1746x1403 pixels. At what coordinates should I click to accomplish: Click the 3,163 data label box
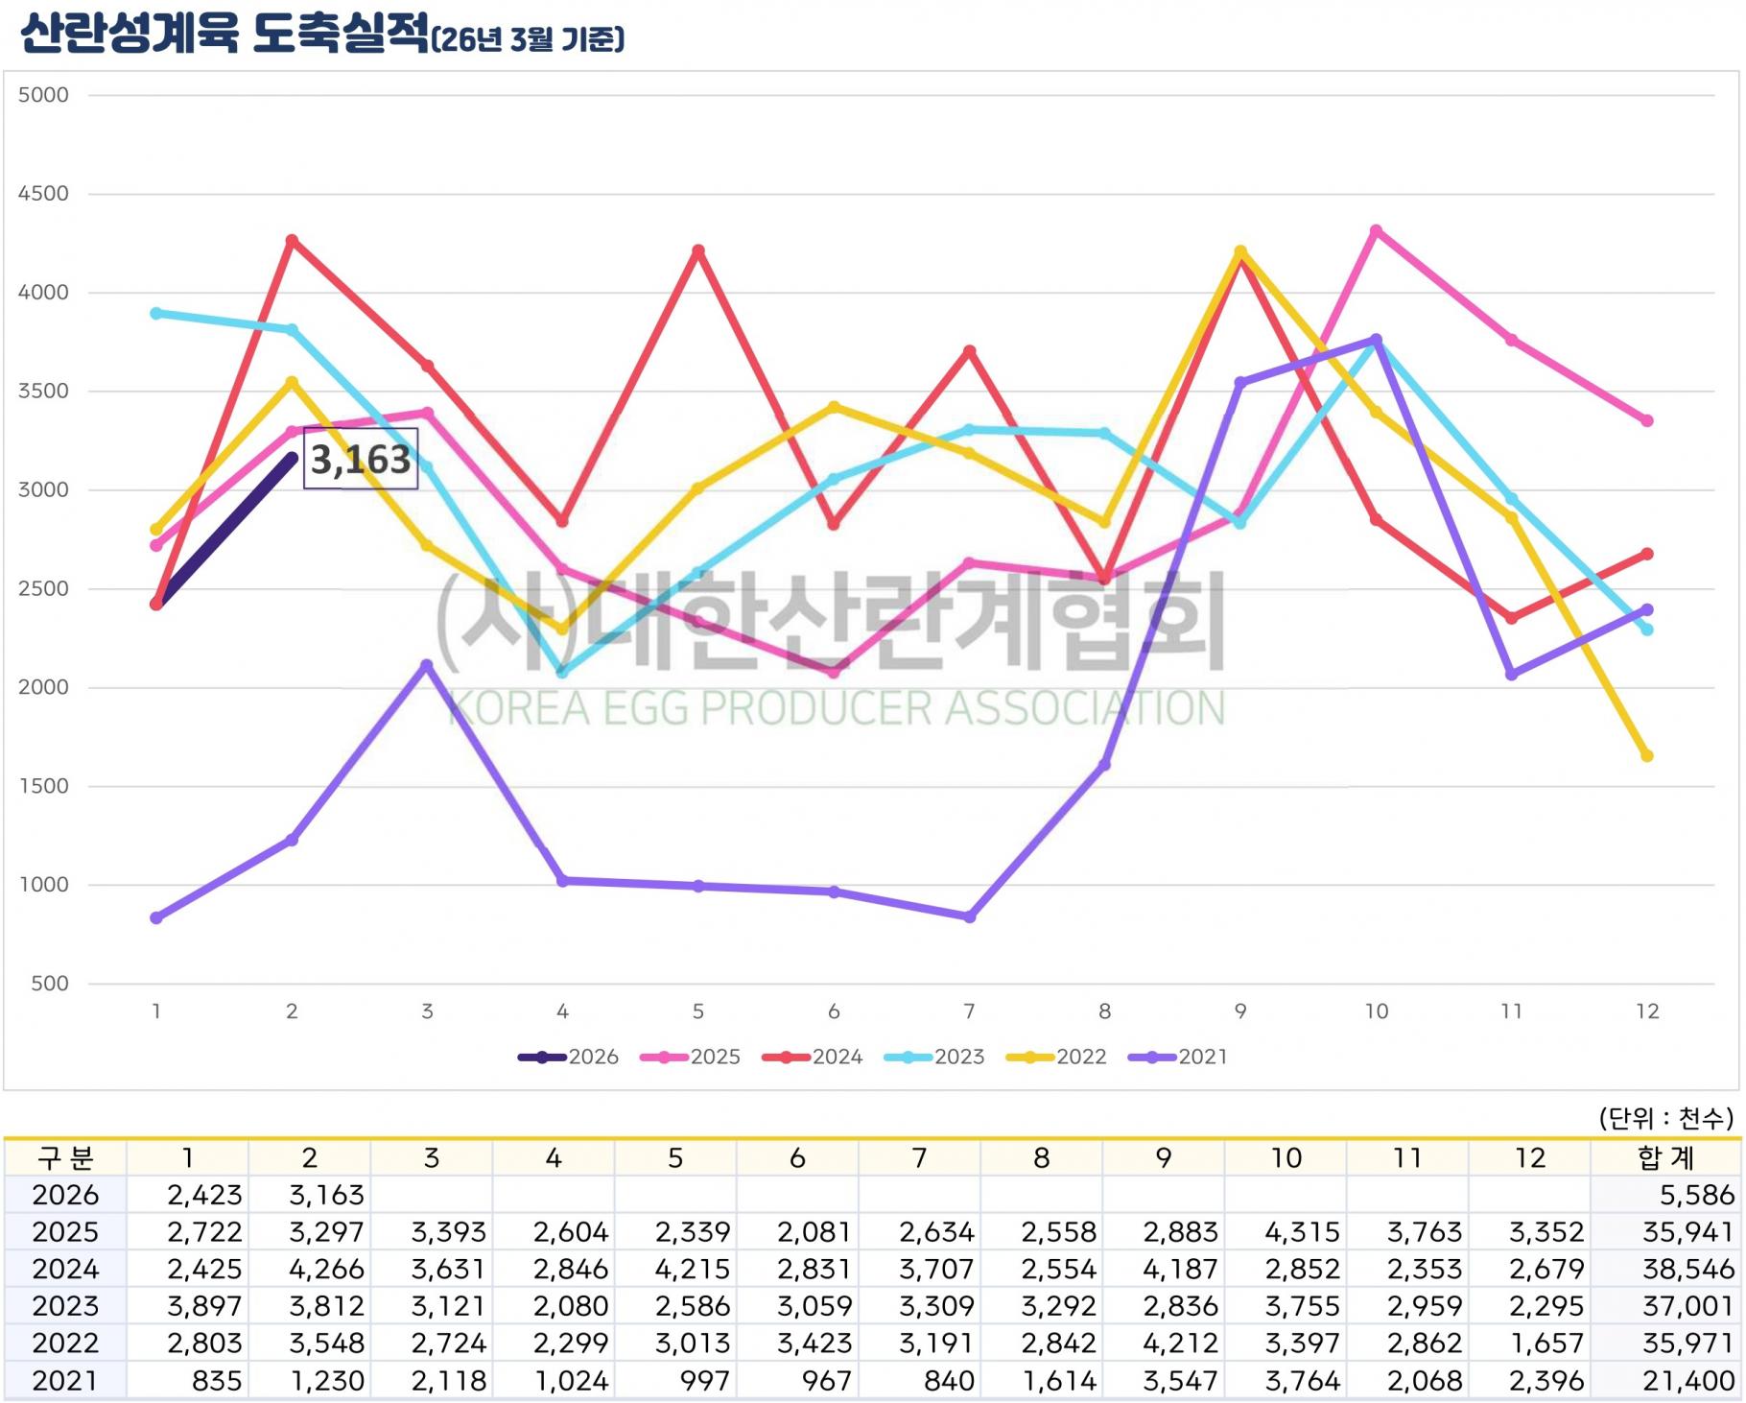(x=361, y=460)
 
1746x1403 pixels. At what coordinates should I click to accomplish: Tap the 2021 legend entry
(x=1179, y=1057)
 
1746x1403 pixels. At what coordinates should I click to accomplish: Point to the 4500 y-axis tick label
(x=44, y=194)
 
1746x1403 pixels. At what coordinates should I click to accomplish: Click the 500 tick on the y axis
(x=50, y=984)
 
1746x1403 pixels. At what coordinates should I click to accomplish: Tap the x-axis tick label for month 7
(x=969, y=1011)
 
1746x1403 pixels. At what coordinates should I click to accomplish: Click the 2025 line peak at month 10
(x=1376, y=231)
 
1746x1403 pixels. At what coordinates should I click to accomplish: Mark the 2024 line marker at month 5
(x=698, y=251)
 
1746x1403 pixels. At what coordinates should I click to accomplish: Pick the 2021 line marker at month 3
(x=427, y=665)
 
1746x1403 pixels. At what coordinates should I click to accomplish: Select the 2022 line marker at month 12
(x=1647, y=756)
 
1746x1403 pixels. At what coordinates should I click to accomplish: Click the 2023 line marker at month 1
(x=156, y=314)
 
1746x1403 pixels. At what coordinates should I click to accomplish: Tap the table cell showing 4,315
(x=1302, y=1232)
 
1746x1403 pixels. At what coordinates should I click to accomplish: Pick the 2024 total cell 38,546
(x=1687, y=1270)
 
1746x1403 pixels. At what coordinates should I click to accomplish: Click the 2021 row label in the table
(x=65, y=1381)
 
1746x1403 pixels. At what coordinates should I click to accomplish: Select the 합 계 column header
(x=1665, y=1158)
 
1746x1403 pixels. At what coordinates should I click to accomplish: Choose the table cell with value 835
(x=217, y=1381)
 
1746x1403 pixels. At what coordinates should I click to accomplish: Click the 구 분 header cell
(x=65, y=1158)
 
